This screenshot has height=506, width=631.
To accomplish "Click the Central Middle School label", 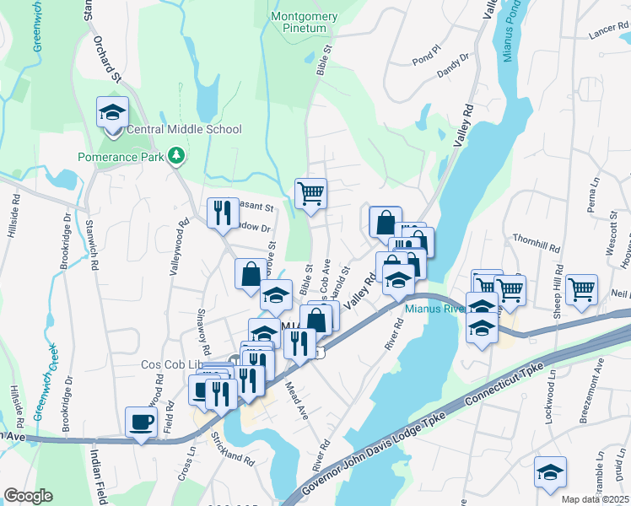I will [183, 129].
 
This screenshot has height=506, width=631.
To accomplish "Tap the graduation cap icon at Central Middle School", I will [112, 112].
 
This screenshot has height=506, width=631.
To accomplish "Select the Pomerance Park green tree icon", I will [176, 155].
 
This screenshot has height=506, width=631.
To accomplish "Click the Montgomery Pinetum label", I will [305, 23].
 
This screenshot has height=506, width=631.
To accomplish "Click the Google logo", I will [28, 496].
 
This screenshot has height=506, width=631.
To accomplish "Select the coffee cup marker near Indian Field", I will [141, 421].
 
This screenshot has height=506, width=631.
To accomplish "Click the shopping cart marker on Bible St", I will [310, 194].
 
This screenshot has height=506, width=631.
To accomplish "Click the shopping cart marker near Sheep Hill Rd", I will [582, 289].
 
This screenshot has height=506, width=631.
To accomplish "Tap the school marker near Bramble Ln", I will [550, 471].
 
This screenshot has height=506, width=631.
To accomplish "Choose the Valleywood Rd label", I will [181, 245].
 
